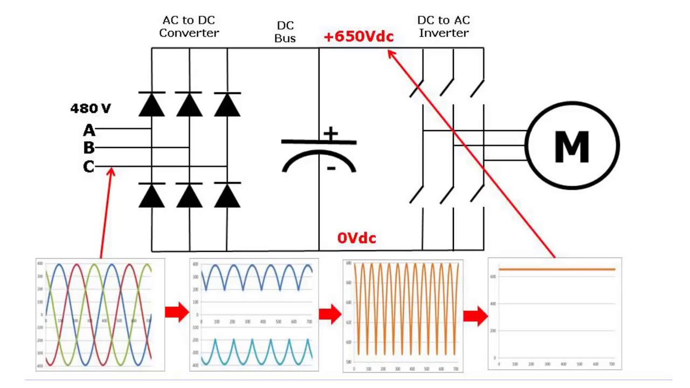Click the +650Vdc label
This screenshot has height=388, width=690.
(x=359, y=37)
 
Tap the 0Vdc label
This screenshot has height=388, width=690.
(x=356, y=238)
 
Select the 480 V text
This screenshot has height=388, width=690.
(x=91, y=108)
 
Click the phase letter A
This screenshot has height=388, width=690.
(x=89, y=130)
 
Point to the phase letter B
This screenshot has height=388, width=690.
(x=89, y=148)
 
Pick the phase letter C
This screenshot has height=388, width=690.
(x=89, y=167)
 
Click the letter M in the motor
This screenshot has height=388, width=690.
(x=571, y=146)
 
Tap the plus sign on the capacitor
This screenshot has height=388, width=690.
(x=330, y=134)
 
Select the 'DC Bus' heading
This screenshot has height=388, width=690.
(x=285, y=32)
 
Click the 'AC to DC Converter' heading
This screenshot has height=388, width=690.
(x=189, y=26)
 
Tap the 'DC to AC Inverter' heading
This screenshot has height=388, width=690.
(x=444, y=26)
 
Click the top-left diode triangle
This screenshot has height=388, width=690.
(x=151, y=105)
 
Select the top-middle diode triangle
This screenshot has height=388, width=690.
(x=189, y=105)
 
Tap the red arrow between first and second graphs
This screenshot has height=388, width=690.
(x=177, y=312)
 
